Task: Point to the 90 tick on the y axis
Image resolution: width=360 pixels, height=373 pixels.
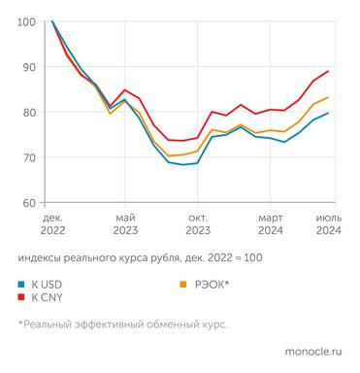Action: pos(28,67)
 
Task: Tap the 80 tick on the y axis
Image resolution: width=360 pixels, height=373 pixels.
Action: pos(28,112)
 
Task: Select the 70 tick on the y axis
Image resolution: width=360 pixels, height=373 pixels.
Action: pos(28,157)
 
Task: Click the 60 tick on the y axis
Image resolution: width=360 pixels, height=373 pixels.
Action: pos(28,202)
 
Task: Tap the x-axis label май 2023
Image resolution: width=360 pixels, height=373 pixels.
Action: pos(125,223)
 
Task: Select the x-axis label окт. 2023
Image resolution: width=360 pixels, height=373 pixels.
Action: pos(197,223)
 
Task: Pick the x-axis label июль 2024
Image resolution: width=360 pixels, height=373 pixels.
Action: pos(328,223)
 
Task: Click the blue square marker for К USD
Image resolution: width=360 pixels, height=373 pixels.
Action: pos(21,285)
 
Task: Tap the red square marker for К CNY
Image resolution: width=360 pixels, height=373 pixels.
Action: pos(21,298)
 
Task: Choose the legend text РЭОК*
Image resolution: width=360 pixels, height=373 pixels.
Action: pos(212,285)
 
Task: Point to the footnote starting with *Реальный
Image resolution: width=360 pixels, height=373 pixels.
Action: pos(122,324)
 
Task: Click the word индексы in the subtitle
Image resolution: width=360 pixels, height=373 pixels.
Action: pos(41,257)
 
